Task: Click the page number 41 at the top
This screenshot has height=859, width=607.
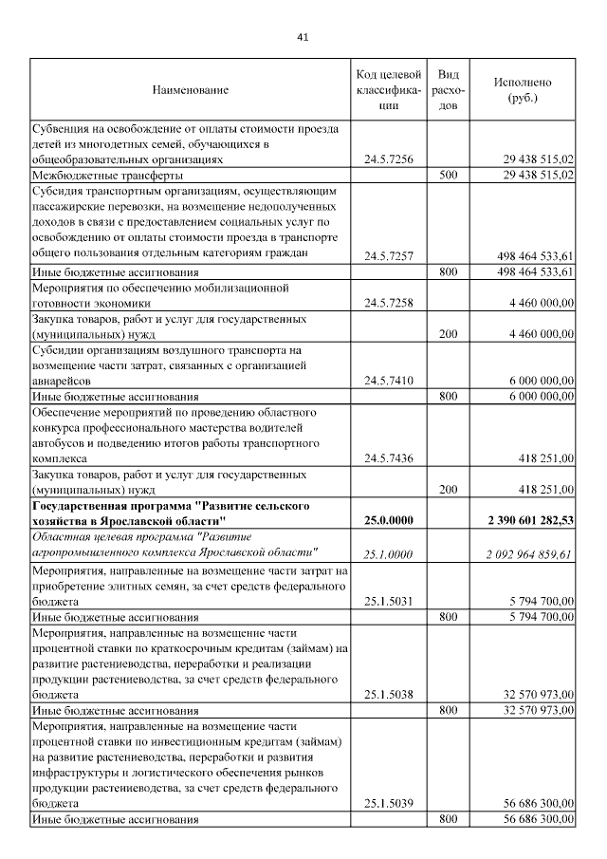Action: pyautogui.click(x=303, y=37)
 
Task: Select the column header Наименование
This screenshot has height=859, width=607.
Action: pyautogui.click(x=191, y=90)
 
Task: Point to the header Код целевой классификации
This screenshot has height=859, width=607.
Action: pyautogui.click(x=389, y=90)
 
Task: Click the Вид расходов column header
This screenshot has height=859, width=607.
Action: pyautogui.click(x=451, y=90)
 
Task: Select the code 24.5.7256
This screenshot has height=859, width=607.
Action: pyautogui.click(x=389, y=159)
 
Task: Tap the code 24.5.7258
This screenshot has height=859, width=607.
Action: pyautogui.click(x=389, y=304)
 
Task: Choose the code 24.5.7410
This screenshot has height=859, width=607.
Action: pyautogui.click(x=389, y=381)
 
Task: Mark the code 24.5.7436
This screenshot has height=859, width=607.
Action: pyautogui.click(x=389, y=458)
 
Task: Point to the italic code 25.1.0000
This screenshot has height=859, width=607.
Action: pyautogui.click(x=389, y=554)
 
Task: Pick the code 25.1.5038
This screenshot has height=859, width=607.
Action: pyautogui.click(x=389, y=694)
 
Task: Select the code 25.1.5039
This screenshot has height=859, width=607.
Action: pyautogui.click(x=389, y=803)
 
